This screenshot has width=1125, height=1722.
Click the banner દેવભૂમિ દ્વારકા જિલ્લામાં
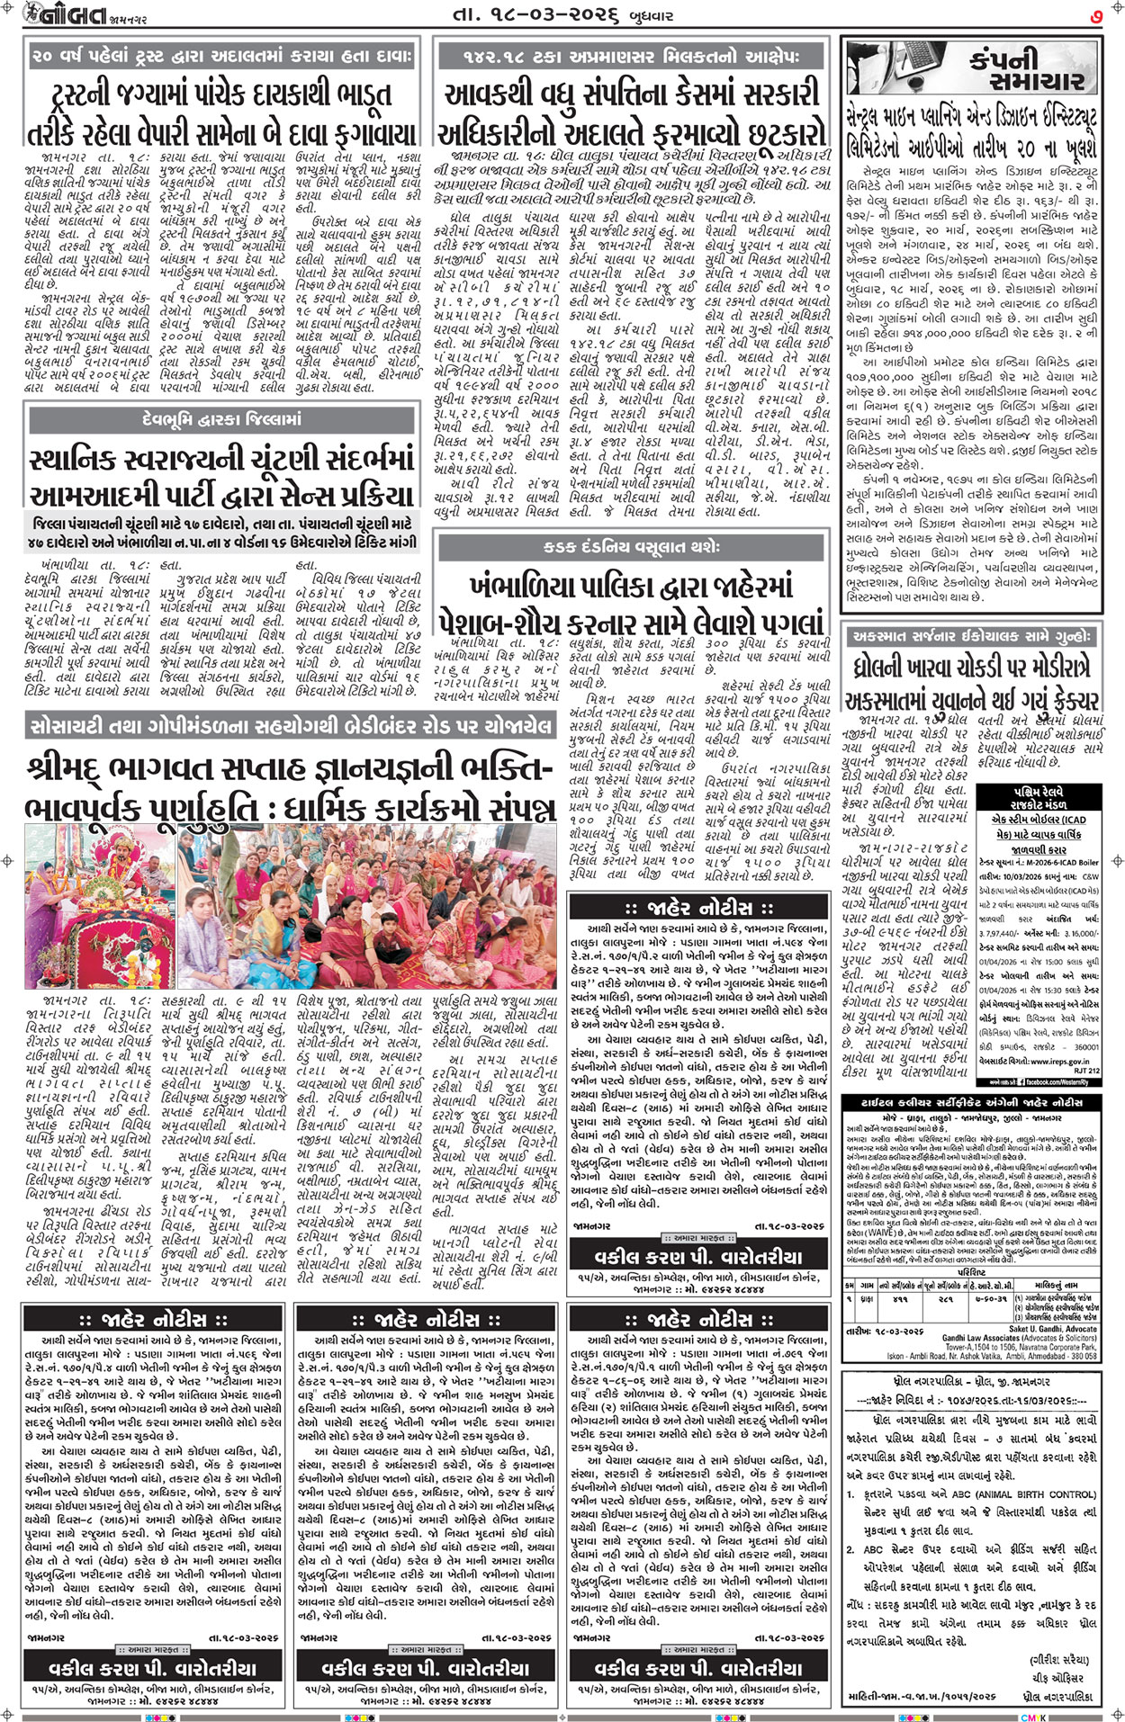[221, 419]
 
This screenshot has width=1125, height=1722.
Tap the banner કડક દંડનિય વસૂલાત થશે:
[631, 546]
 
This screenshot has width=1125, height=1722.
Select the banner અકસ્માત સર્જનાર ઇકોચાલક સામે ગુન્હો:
[970, 636]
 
